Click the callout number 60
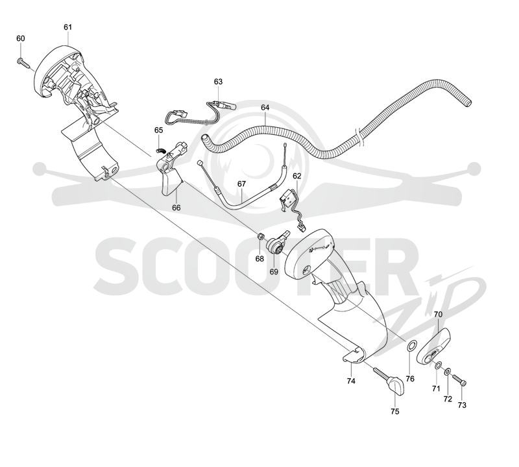21,38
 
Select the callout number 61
67,27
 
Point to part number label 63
218,82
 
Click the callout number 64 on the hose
265,108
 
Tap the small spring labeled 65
160,150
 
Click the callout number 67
241,184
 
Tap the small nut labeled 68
261,236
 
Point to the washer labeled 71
438,365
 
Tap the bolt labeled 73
459,379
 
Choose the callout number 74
351,381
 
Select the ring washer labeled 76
411,346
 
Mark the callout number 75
395,411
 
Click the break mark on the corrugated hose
360,137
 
